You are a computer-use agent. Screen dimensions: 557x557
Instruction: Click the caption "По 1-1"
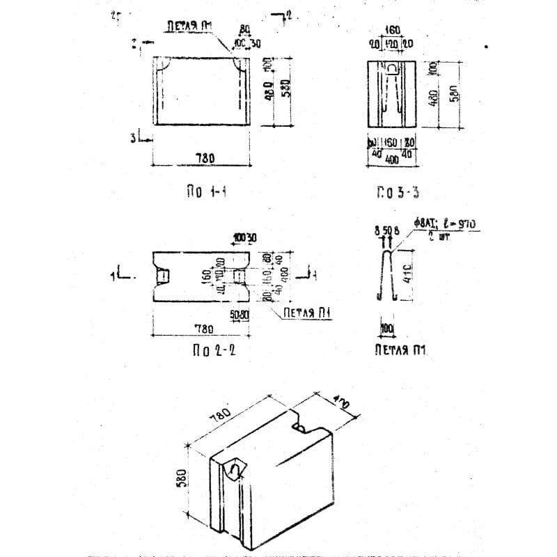[203, 192]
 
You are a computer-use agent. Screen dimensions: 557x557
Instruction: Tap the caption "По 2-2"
[214, 351]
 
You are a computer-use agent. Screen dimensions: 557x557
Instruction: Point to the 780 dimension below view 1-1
[205, 159]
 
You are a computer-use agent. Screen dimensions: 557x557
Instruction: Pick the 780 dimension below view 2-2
[204, 327]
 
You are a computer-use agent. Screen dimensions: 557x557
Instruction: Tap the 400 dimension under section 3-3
[391, 160]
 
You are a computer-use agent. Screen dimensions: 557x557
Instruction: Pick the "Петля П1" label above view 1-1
[188, 26]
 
